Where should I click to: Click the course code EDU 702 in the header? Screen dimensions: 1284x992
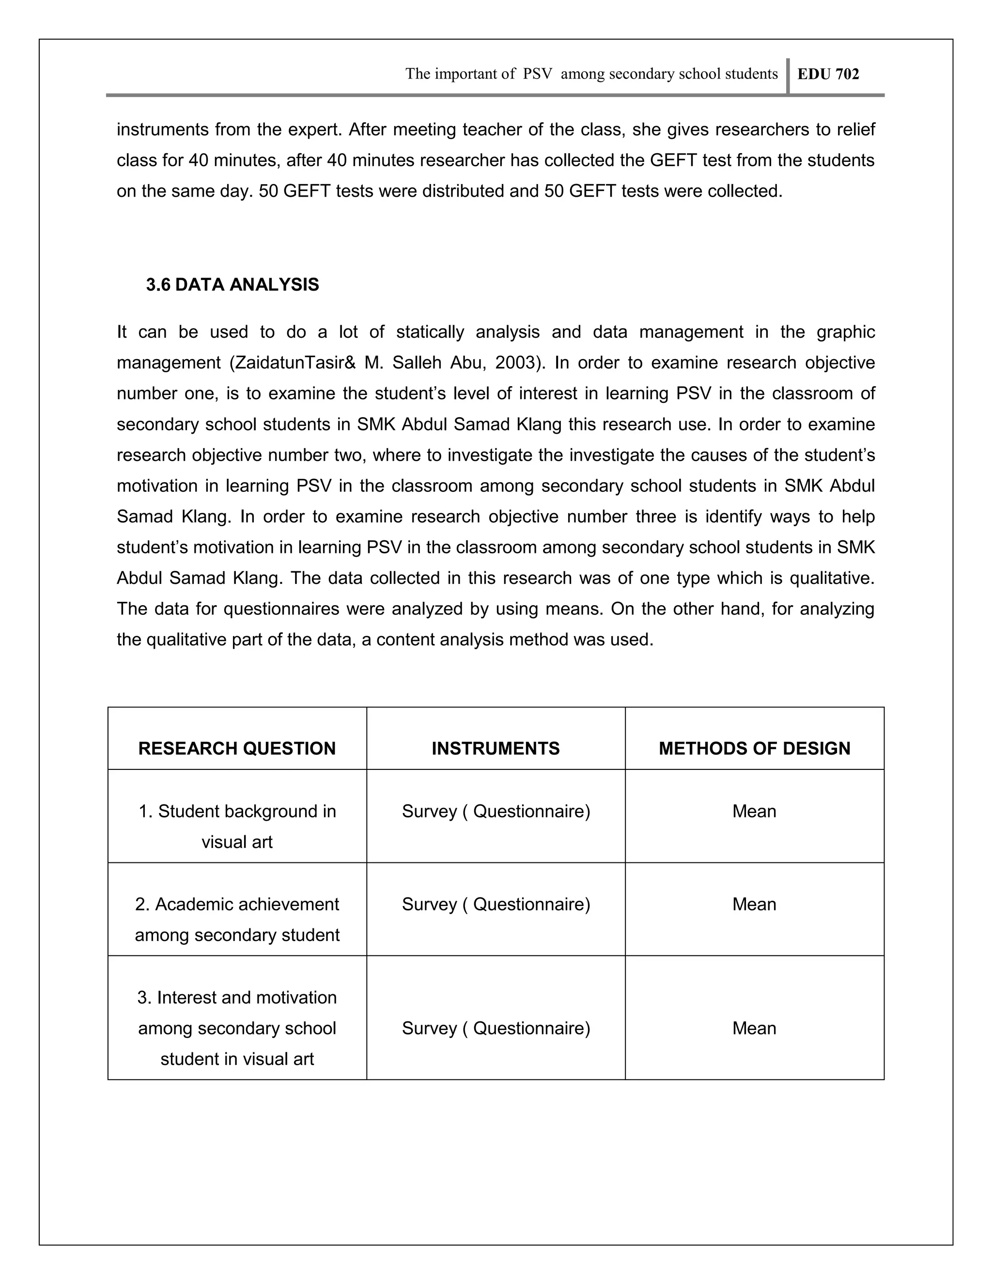click(x=827, y=74)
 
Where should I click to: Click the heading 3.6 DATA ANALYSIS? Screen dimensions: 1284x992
click(x=232, y=284)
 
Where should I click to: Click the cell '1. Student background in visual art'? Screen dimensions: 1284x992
click(x=237, y=826)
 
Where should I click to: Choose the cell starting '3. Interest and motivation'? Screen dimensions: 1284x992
click(x=237, y=1028)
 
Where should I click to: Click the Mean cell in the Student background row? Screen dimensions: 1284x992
click(x=754, y=811)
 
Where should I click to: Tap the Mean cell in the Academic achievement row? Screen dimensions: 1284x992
click(x=754, y=904)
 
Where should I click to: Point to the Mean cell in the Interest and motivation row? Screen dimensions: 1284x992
click(x=754, y=1028)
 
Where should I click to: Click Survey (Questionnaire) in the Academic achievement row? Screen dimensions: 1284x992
click(x=496, y=904)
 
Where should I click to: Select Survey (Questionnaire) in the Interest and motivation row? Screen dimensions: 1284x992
click(x=496, y=1028)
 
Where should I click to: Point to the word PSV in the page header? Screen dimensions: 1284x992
click(x=537, y=74)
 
